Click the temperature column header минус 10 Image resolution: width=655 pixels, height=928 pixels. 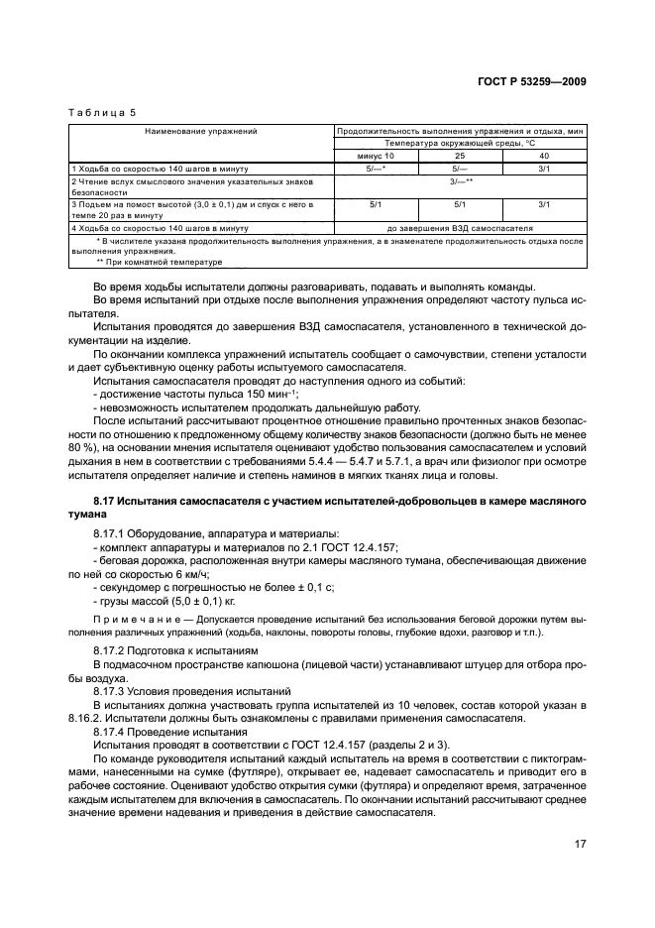pos(377,156)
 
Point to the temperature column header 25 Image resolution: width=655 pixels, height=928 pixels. pos(460,156)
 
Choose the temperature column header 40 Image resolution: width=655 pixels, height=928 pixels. pos(544,156)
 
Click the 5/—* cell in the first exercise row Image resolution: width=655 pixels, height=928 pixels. pos(377,169)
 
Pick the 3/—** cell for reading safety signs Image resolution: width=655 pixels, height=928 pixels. pos(460,181)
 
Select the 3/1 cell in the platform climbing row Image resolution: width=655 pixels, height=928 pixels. pos(544,204)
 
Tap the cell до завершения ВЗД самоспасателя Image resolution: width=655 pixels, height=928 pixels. pos(460,228)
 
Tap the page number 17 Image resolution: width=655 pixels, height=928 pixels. pos(579,846)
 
